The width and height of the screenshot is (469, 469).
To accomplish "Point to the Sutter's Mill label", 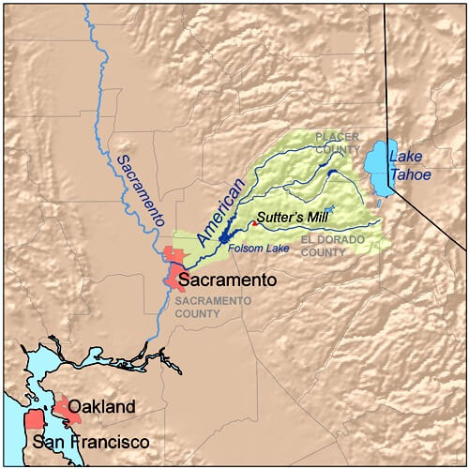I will [x=292, y=214].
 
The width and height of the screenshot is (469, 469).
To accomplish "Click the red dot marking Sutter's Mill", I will [x=254, y=223].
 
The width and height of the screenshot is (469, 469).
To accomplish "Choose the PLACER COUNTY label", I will [x=338, y=143].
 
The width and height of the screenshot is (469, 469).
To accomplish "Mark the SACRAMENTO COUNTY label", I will [x=213, y=308].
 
